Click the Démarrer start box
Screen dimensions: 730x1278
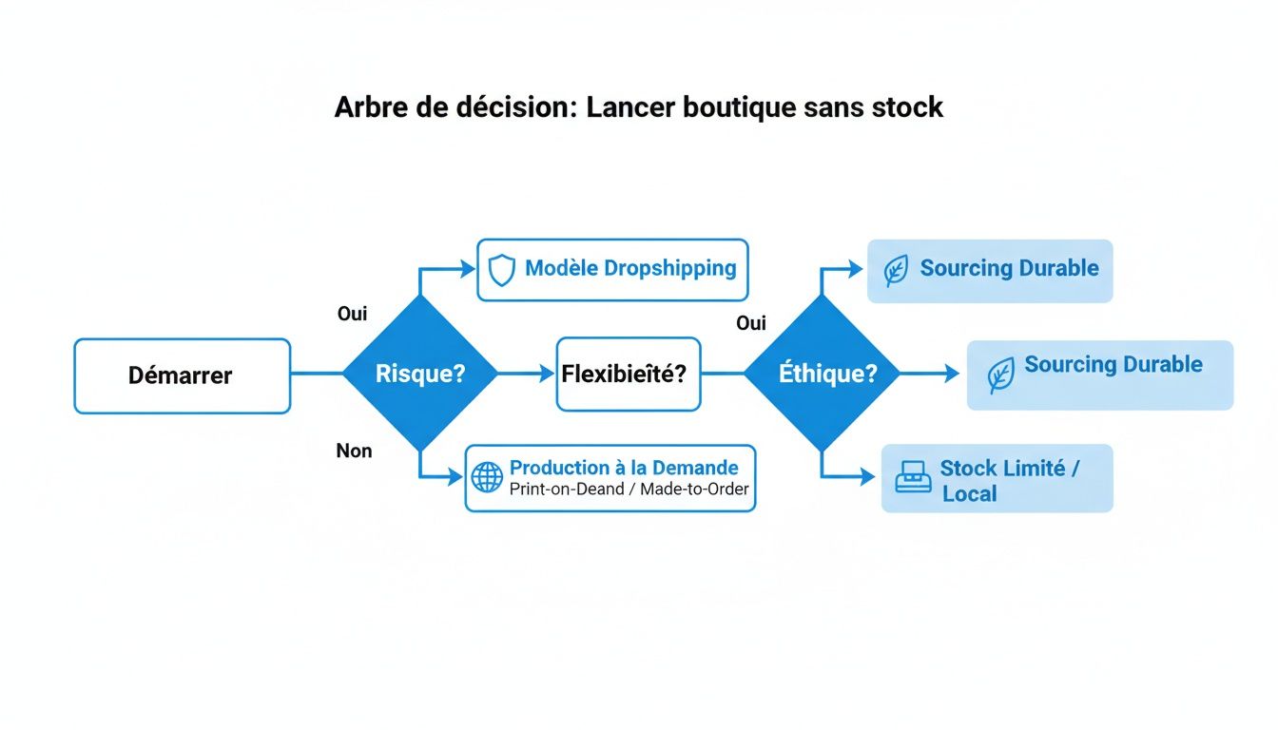(182, 375)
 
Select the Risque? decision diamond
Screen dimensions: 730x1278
(419, 374)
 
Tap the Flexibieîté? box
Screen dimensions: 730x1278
(628, 374)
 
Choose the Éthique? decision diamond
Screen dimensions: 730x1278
(821, 374)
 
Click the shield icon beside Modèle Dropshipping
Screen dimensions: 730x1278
(501, 270)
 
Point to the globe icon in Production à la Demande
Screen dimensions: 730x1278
(487, 477)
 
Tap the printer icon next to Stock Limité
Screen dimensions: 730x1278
(914, 477)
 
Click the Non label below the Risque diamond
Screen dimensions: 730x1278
(354, 451)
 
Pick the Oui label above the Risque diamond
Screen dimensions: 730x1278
(352, 313)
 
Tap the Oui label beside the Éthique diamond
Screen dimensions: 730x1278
(751, 323)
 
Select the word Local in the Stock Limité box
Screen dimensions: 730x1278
(969, 493)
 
